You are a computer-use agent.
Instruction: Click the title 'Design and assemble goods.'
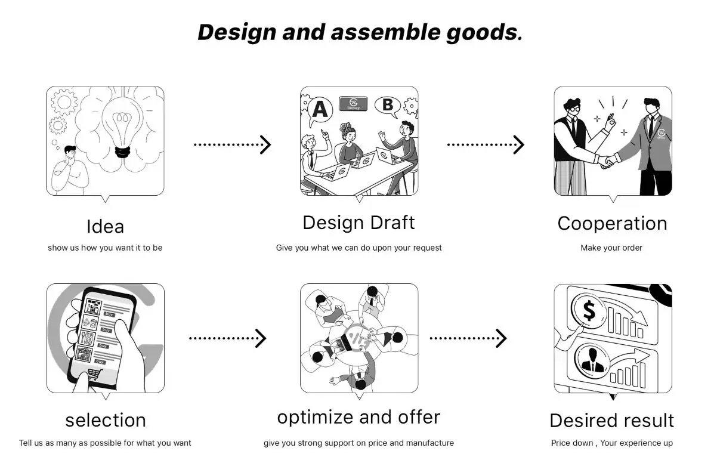(x=360, y=32)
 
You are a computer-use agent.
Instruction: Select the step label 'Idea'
(x=105, y=227)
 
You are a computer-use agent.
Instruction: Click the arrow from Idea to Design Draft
(x=232, y=144)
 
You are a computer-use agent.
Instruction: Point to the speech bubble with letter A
(x=321, y=110)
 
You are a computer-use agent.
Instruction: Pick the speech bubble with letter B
(x=387, y=106)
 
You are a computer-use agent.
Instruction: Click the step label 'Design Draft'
(x=358, y=223)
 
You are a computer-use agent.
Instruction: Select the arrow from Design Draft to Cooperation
(x=486, y=144)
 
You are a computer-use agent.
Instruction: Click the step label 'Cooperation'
(x=612, y=223)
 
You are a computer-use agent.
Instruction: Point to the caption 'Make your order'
(x=611, y=248)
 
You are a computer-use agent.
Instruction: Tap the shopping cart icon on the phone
(x=94, y=374)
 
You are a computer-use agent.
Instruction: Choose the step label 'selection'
(x=105, y=420)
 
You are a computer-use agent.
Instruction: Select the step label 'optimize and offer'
(x=358, y=417)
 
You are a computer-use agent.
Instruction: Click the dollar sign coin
(x=589, y=311)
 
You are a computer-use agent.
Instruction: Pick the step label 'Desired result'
(x=611, y=421)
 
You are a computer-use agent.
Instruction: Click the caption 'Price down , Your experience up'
(x=611, y=443)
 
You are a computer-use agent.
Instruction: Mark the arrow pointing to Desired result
(x=468, y=338)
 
